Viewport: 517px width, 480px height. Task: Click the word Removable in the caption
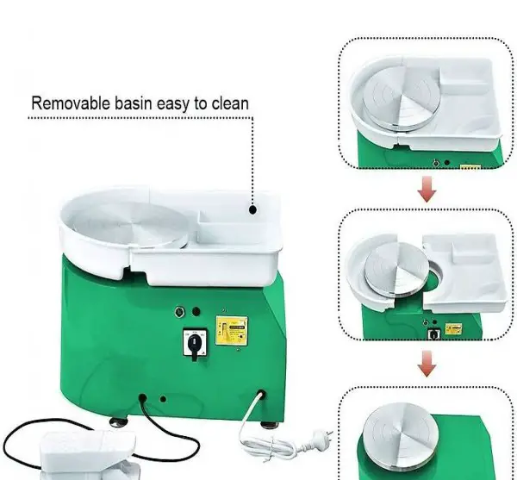(x=71, y=103)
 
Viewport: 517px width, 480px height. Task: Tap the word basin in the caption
(x=134, y=103)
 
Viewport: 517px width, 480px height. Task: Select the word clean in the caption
(x=230, y=103)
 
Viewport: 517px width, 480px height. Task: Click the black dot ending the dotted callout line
(x=252, y=209)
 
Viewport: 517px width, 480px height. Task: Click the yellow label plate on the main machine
(x=232, y=331)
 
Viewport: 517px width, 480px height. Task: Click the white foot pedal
(x=89, y=455)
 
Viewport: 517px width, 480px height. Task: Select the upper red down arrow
(x=427, y=190)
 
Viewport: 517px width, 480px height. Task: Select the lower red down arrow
(x=427, y=364)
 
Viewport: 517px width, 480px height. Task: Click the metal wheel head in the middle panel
(x=397, y=269)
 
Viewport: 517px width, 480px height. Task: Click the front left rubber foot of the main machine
(x=119, y=422)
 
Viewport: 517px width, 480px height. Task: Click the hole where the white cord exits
(x=261, y=395)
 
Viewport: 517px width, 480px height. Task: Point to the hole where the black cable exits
(x=142, y=398)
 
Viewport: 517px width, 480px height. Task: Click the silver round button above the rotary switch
(x=179, y=312)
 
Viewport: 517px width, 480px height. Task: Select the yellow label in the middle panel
(x=453, y=328)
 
